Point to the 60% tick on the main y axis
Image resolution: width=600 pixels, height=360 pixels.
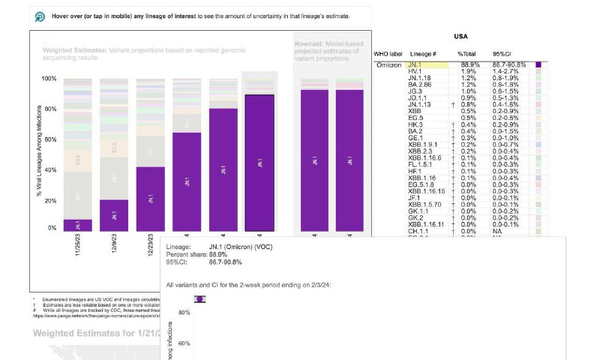49,139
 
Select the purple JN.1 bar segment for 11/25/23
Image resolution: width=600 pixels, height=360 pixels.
77,224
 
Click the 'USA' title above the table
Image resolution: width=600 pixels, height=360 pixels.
462,37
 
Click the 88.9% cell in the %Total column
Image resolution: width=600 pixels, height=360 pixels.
466,66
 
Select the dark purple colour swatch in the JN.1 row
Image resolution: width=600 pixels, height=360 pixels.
538,66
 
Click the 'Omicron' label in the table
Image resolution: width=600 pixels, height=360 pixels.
390,66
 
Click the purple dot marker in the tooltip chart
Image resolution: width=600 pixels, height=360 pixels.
199,299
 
